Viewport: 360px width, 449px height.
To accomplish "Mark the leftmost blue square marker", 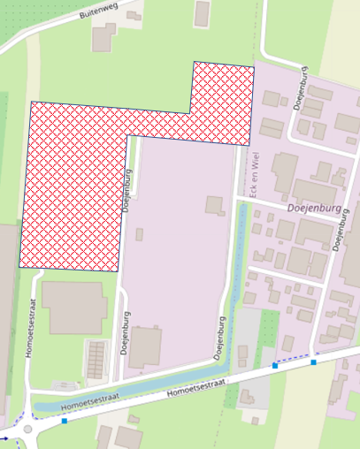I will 65,422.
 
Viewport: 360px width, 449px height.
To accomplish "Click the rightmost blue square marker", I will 313,361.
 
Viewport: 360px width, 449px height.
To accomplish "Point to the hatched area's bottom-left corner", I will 20,266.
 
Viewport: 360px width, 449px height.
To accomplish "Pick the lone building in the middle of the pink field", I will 215,205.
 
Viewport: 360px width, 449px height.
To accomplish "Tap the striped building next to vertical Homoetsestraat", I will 95,359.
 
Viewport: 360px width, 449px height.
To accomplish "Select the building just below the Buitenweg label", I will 104,36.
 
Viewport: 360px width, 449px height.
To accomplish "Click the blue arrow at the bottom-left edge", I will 5,437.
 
